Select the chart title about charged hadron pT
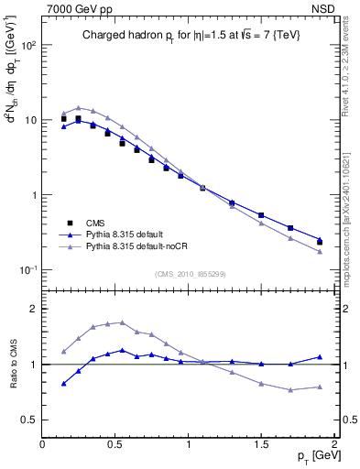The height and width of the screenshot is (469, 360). [x=189, y=35]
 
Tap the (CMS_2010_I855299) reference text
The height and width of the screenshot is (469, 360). [x=190, y=273]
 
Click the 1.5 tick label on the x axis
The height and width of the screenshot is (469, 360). [x=261, y=444]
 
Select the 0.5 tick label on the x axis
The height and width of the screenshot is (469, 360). [x=115, y=444]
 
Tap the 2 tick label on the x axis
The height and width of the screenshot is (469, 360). [x=334, y=444]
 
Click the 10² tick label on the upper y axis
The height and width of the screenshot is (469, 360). [x=27, y=45]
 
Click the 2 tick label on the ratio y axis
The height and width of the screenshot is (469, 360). [x=34, y=309]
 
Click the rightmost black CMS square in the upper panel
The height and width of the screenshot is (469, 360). [x=320, y=242]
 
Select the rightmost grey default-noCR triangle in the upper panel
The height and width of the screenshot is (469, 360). [x=320, y=251]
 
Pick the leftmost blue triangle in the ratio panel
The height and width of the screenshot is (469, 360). [x=63, y=384]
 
